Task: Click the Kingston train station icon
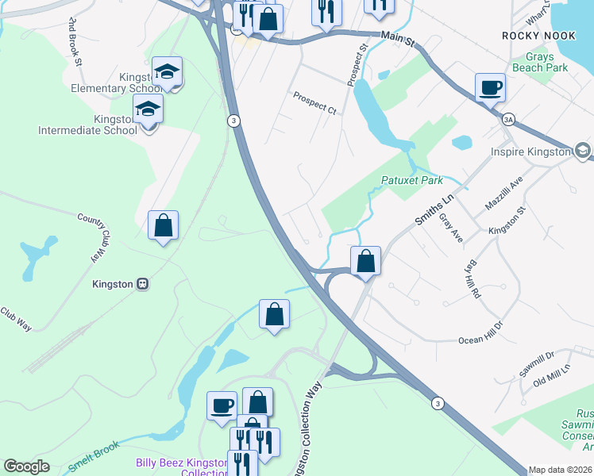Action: [143, 283]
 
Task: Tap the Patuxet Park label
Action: [411, 180]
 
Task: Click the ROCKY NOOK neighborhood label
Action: [536, 36]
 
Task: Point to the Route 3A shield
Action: [508, 119]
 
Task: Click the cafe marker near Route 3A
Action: [490, 87]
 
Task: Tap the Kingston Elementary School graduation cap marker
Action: [168, 72]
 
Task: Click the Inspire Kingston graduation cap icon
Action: [583, 151]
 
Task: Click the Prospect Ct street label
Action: [314, 102]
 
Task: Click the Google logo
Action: [26, 466]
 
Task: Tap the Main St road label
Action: [399, 36]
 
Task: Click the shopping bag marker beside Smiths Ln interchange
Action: [365, 260]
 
